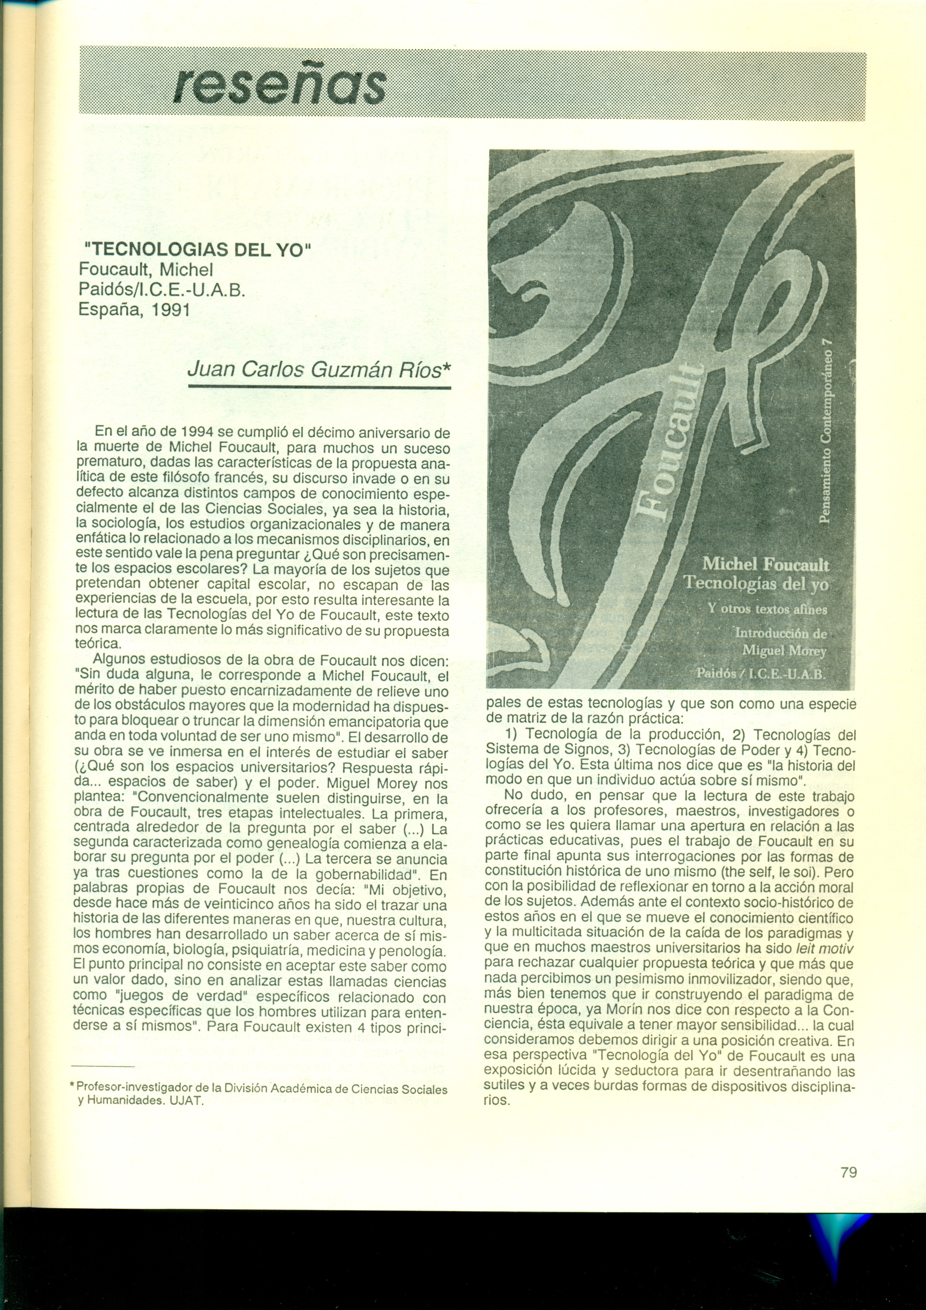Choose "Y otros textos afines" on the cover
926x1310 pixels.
pos(767,609)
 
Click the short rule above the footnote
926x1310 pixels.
pos(103,1067)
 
